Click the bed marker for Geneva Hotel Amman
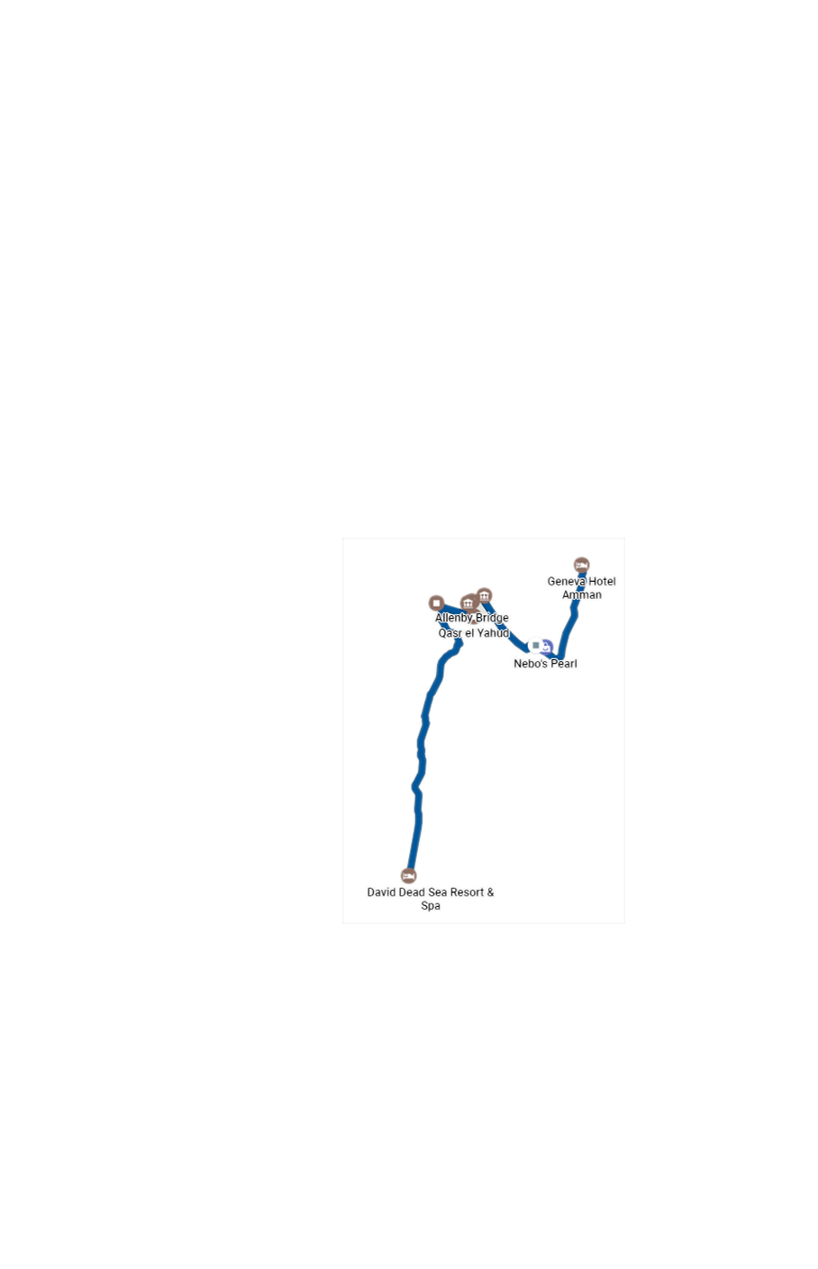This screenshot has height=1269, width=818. click(x=581, y=565)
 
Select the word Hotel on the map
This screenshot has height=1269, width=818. click(x=602, y=581)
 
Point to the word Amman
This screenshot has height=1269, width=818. click(x=582, y=594)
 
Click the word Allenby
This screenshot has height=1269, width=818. click(x=454, y=618)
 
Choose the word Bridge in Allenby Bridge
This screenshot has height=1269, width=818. click(x=492, y=618)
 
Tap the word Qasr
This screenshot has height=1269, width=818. click(x=450, y=633)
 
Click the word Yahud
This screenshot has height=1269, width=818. click(x=494, y=633)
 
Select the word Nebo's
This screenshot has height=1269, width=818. click(x=530, y=664)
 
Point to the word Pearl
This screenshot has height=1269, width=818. click(x=562, y=664)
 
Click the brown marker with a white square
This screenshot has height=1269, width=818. click(x=436, y=603)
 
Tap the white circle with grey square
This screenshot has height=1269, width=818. click(x=535, y=645)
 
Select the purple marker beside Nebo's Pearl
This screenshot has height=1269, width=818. click(x=547, y=647)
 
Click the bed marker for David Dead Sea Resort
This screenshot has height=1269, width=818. click(x=408, y=875)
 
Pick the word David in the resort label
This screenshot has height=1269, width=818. click(x=382, y=893)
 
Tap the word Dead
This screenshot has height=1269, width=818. click(x=413, y=893)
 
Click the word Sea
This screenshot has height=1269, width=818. click(x=438, y=893)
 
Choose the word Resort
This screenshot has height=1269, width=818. click(x=467, y=893)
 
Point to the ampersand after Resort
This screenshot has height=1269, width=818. click(x=491, y=893)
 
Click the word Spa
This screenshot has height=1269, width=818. click(x=431, y=906)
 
